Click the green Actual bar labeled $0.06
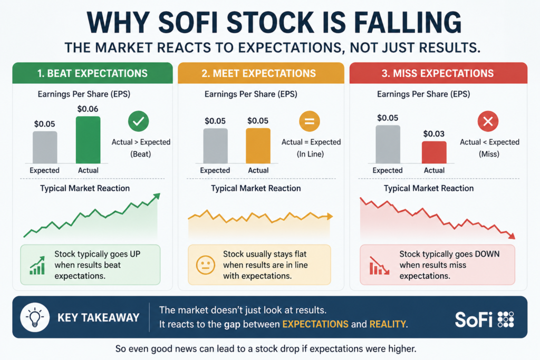click(88, 140)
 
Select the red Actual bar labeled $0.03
click(434, 152)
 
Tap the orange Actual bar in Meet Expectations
click(258, 146)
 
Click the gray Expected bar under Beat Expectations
click(45, 147)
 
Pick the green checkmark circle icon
click(139, 121)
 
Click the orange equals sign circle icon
click(309, 121)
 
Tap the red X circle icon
click(488, 121)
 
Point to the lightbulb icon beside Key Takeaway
click(35, 317)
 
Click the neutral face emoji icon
click(206, 265)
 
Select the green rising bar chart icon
click(37, 265)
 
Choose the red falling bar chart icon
click(379, 265)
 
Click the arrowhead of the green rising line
click(157, 196)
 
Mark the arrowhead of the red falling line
click(512, 236)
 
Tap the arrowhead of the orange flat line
click(330, 217)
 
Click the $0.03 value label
click(434, 133)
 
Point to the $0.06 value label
click(88, 109)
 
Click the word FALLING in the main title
click(408, 23)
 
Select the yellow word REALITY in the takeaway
click(388, 324)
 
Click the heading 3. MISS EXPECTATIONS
click(438, 73)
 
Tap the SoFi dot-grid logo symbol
click(506, 319)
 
